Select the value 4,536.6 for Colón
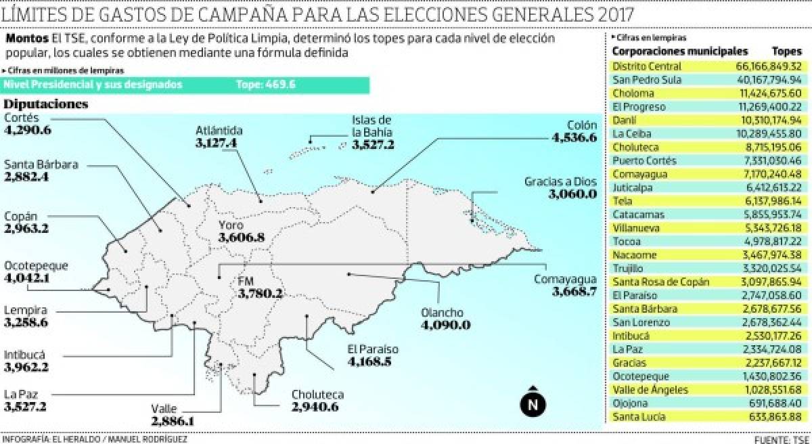pyautogui.click(x=574, y=138)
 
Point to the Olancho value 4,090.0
pyautogui.click(x=445, y=326)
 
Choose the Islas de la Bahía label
pyautogui.click(x=372, y=127)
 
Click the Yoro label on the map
pyautogui.click(x=231, y=225)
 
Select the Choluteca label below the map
pyautogui.click(x=317, y=394)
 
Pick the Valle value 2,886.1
pyautogui.click(x=173, y=421)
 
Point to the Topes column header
pyautogui.click(x=786, y=51)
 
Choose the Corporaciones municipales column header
pyautogui.click(x=679, y=51)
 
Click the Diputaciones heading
pyautogui.click(x=46, y=104)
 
